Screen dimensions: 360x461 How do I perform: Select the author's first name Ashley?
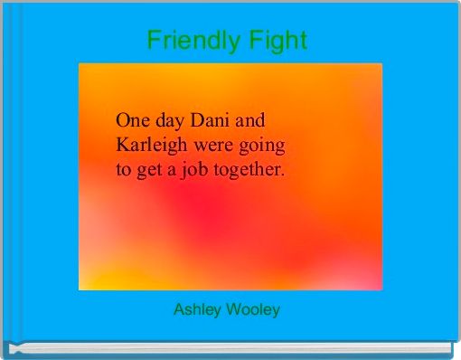pyautogui.click(x=195, y=310)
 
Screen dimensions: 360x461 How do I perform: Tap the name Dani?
pyautogui.click(x=212, y=119)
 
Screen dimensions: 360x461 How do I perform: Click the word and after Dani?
pyautogui.click(x=252, y=119)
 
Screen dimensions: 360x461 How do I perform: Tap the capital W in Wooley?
pyautogui.click(x=231, y=310)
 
